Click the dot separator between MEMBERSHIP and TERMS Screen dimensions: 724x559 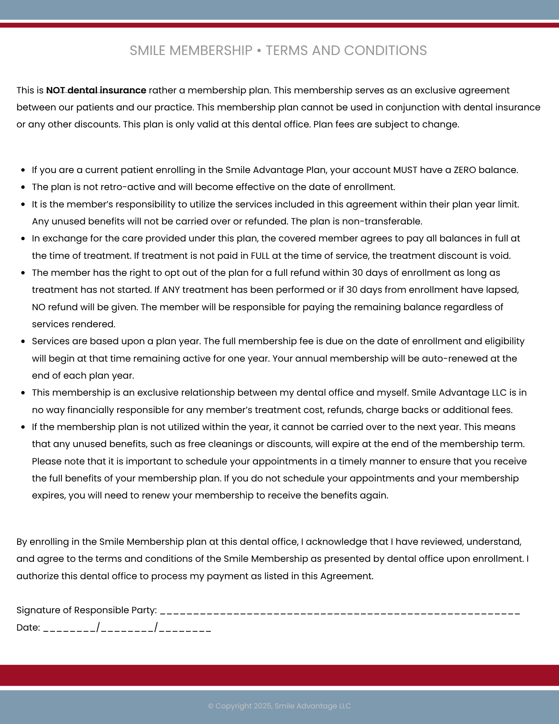tap(259, 51)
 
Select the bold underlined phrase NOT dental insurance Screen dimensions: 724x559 tap(96, 90)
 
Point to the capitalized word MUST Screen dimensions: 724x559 tap(405, 170)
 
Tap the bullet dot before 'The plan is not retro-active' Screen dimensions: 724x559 tap(23, 188)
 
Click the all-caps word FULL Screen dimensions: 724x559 tap(260, 256)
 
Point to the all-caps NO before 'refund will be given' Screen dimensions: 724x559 tap(38, 307)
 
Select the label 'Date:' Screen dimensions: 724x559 tap(28, 628)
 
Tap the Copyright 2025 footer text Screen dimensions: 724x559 tap(279, 706)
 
